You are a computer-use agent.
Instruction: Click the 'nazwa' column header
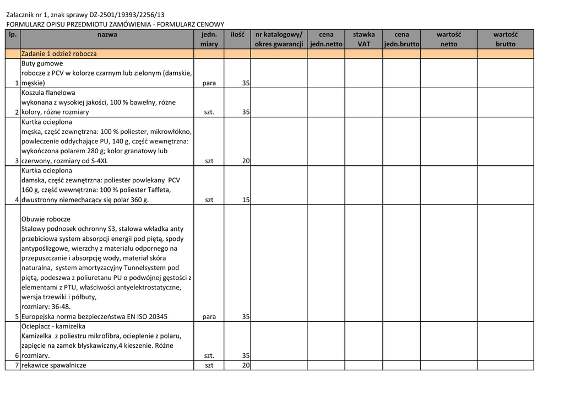click(x=107, y=35)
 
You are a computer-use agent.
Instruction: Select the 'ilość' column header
click(x=237, y=35)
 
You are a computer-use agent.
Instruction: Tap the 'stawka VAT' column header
click(x=364, y=39)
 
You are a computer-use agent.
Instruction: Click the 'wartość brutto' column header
click(x=505, y=39)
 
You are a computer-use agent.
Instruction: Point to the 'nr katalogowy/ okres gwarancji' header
click(x=279, y=39)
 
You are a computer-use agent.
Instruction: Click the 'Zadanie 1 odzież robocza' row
click(x=59, y=54)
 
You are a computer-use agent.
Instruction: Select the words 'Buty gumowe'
click(x=42, y=64)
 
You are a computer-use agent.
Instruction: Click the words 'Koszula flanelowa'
click(x=48, y=93)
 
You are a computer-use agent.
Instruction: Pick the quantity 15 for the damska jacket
click(x=246, y=200)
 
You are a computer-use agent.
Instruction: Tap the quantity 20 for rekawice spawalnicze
click(x=246, y=365)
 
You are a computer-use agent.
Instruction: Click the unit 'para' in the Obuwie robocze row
click(x=209, y=317)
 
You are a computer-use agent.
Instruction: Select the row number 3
click(x=17, y=161)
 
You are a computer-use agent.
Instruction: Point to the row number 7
click(x=17, y=365)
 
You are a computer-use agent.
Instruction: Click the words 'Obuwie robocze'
click(x=46, y=219)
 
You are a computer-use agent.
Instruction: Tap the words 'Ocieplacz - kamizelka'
click(x=53, y=326)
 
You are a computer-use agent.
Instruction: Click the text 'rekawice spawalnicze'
click(x=54, y=365)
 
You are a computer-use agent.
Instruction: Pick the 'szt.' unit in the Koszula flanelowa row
click(x=209, y=112)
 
